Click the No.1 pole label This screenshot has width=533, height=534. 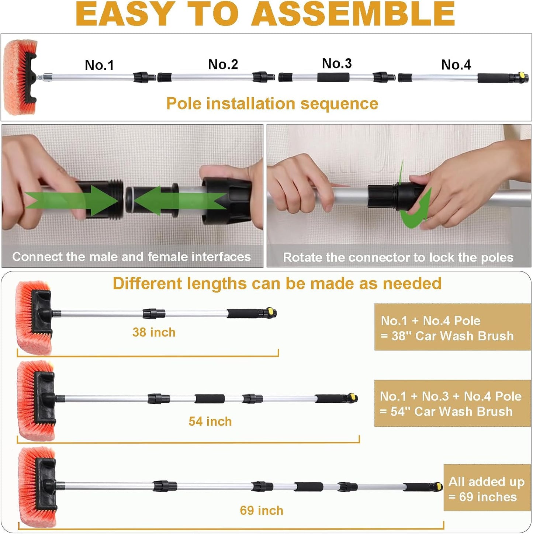[99, 65]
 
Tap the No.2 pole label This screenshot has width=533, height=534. [223, 64]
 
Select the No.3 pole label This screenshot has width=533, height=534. [337, 63]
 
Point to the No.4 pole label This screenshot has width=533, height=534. [456, 65]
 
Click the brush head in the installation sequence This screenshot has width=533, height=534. [20, 77]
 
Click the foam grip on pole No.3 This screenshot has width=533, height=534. [333, 77]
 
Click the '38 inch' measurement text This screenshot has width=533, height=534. [154, 332]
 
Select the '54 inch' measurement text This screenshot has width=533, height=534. [210, 421]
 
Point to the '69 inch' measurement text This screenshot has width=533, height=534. [261, 510]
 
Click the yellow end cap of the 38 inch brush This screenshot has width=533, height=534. [271, 312]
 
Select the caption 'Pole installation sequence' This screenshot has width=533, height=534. [272, 104]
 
